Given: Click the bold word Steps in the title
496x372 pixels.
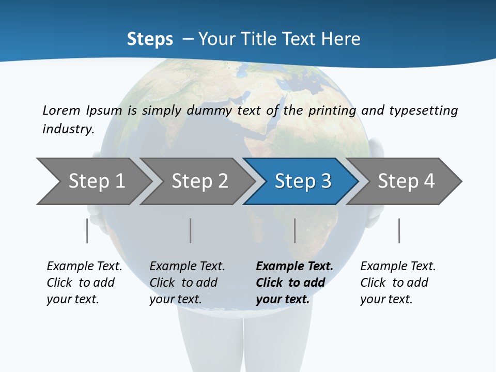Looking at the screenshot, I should tap(150, 39).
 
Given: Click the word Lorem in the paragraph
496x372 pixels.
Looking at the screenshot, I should tap(61, 110).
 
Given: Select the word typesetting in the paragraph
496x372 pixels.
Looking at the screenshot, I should tap(423, 111).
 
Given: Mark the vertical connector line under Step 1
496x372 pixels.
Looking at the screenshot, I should tap(87, 230).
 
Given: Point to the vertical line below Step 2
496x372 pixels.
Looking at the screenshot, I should tap(191, 230).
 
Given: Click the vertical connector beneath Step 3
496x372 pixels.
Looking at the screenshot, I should tap(295, 230).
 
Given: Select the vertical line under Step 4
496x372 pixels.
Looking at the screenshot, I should tap(399, 230).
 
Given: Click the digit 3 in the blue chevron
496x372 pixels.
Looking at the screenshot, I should tap(326, 181).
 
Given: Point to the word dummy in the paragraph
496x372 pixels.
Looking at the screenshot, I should tap(213, 111).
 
